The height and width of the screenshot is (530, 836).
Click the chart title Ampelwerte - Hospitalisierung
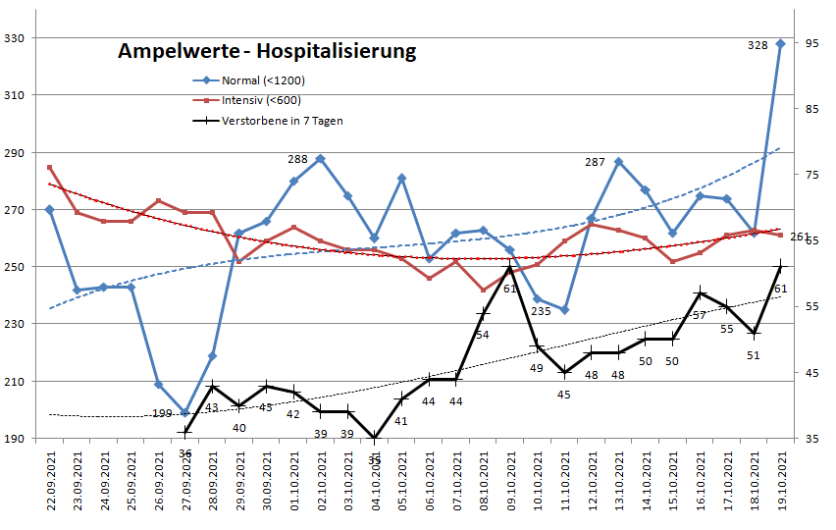click(266, 50)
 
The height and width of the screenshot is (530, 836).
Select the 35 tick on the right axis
click(811, 438)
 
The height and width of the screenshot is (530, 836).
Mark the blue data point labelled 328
click(781, 43)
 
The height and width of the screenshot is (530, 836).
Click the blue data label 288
click(298, 158)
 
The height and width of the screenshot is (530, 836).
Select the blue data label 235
click(541, 311)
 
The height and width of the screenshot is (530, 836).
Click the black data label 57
click(700, 315)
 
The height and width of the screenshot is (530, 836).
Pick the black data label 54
click(483, 335)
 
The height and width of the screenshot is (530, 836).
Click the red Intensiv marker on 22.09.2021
click(50, 167)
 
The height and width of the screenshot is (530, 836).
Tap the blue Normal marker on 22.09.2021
click(50, 209)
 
